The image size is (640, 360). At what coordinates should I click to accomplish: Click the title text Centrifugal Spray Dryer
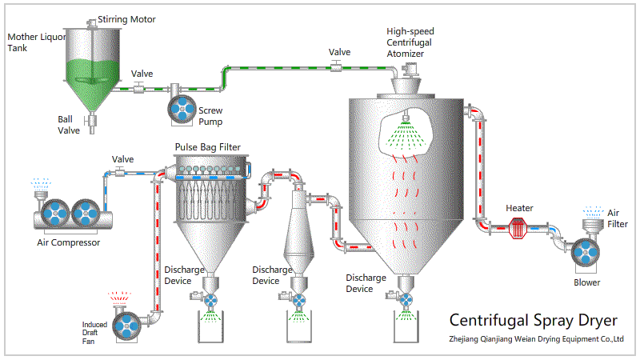[x=534, y=321]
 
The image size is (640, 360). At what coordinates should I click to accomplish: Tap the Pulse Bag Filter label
[x=207, y=146]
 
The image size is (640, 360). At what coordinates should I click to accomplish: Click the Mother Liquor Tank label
[x=32, y=42]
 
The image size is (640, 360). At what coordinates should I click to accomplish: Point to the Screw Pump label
[x=210, y=116]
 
